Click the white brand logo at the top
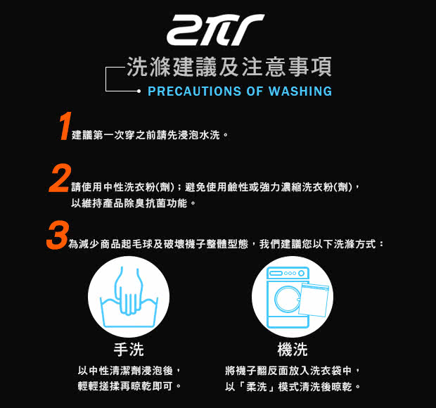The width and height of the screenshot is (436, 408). (215, 30)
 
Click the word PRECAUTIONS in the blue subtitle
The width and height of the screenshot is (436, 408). (194, 91)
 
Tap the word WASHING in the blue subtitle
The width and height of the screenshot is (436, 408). (300, 91)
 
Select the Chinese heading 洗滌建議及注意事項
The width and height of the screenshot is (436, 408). (229, 67)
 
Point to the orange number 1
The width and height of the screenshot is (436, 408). (65, 126)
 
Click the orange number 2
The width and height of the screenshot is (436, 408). (60, 178)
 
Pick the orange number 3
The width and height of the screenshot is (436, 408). (58, 235)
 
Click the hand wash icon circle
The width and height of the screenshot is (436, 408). (129, 297)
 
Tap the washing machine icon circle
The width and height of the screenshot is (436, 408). (293, 297)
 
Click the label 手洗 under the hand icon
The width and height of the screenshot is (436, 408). (129, 350)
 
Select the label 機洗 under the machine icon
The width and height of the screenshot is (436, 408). (293, 350)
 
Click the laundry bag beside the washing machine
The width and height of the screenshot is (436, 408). (314, 300)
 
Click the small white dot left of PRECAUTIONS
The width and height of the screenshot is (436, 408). (139, 91)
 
